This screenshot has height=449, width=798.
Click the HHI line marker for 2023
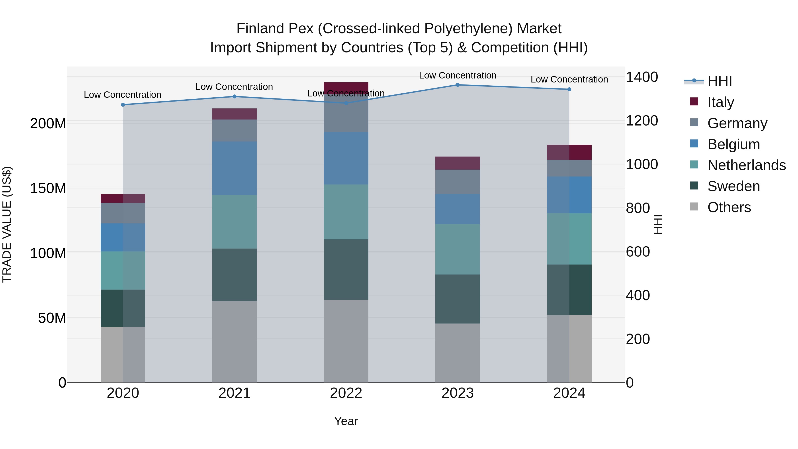coord(458,85)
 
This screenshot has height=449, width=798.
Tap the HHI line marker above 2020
coord(123,105)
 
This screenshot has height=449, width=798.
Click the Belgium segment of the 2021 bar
coord(235,168)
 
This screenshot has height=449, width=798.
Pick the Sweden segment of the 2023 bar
coord(458,299)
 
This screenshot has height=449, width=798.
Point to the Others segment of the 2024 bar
coord(569,349)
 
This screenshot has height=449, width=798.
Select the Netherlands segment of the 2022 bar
coord(346,212)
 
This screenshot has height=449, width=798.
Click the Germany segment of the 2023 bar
coord(458,182)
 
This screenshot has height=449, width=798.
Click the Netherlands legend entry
coord(747,165)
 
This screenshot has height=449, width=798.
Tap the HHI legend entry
coord(720,81)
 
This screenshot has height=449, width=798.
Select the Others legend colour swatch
coord(694,207)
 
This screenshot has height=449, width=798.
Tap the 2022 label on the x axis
coord(346,393)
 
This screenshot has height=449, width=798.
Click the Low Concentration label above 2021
coord(234,87)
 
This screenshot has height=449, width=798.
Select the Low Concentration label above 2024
coord(569,79)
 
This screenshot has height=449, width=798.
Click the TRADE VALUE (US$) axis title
coord(7,224)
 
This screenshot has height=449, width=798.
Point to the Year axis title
coord(346,421)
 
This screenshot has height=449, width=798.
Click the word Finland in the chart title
coord(260,29)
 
